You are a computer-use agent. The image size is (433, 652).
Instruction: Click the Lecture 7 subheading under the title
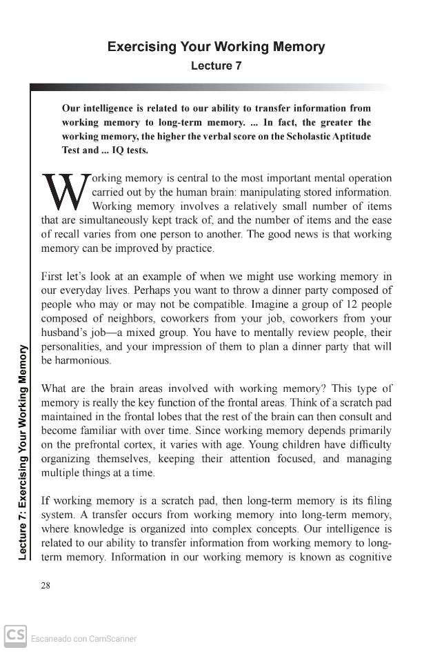click(x=216, y=66)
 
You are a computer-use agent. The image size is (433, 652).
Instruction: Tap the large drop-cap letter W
click(x=65, y=192)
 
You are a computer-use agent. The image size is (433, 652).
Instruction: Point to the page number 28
click(x=46, y=586)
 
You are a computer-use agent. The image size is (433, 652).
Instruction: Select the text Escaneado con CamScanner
click(x=83, y=639)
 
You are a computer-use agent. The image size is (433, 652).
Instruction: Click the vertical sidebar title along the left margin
click(x=23, y=452)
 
